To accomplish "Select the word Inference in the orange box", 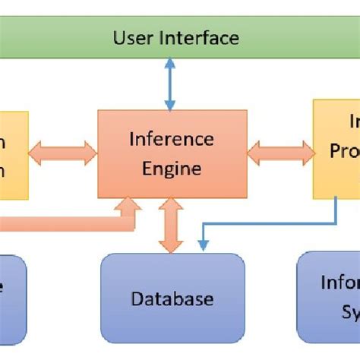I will point(171,139).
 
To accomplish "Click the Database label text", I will point(172,298).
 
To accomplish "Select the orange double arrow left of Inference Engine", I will point(63,153).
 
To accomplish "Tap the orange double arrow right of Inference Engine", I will point(280,153).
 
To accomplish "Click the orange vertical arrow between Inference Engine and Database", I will point(171,225).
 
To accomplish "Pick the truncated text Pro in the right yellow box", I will point(344,152).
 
